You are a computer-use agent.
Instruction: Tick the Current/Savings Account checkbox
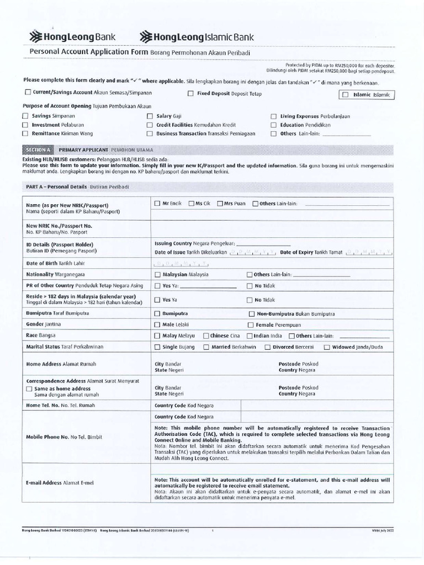(28, 93)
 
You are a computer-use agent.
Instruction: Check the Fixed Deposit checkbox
(190, 93)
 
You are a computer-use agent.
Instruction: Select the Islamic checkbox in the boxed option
(346, 95)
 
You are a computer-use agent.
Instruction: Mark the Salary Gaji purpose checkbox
(150, 116)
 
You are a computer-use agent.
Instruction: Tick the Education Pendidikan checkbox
(274, 125)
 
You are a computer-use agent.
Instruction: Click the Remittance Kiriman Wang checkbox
(25, 134)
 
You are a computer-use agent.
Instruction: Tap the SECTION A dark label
(38, 150)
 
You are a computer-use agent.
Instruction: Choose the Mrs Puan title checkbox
(220, 204)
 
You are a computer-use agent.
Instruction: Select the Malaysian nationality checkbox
(158, 274)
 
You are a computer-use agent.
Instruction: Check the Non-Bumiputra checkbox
(252, 313)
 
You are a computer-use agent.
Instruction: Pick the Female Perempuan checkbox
(251, 325)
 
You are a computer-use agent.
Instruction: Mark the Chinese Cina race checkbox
(206, 335)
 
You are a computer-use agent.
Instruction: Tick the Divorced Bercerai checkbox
(268, 347)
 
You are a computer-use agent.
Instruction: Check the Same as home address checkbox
(29, 388)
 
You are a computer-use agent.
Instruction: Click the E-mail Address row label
(60, 483)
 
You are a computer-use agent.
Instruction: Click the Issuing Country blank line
(263, 243)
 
